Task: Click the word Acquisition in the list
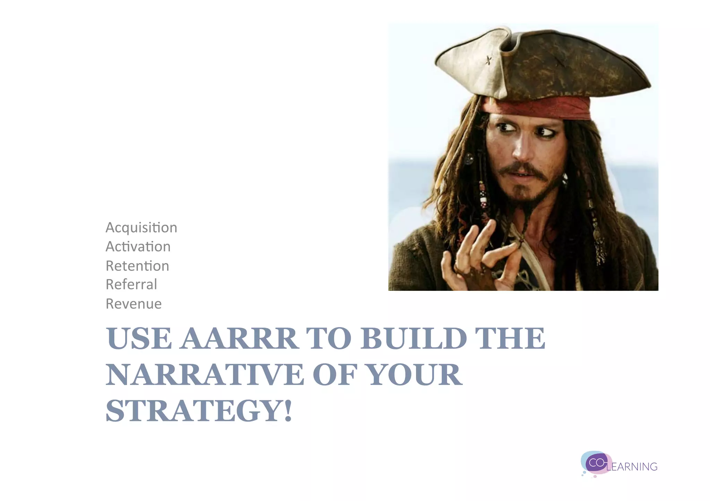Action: (141, 228)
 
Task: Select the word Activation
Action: (138, 247)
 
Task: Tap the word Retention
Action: (137, 266)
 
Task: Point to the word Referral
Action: (131, 285)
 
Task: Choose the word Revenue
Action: (133, 304)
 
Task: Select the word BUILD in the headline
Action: (414, 338)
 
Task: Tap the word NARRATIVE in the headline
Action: (205, 375)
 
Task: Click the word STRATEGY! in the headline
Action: (199, 411)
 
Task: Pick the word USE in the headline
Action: (139, 338)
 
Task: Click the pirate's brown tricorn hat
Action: (541, 66)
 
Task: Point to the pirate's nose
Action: (520, 149)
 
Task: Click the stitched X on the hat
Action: (488, 61)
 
